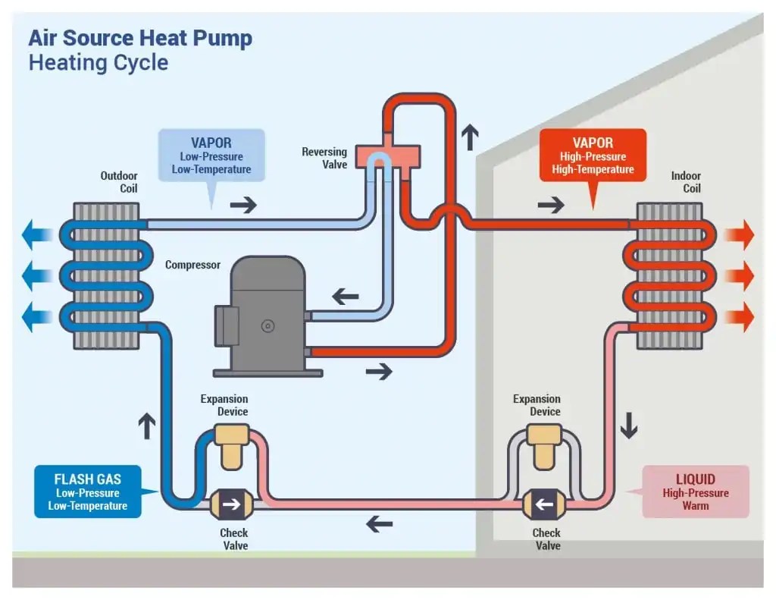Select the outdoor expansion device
(x=232, y=444)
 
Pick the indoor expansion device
(x=543, y=445)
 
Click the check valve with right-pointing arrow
(x=230, y=503)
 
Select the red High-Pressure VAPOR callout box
(x=593, y=155)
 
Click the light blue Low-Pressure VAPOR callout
(x=211, y=155)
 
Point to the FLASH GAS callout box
(x=87, y=492)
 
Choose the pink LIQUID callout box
(x=695, y=492)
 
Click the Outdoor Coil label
(x=120, y=182)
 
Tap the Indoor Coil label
(x=686, y=182)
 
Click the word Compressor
(x=192, y=265)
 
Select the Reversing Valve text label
(x=324, y=159)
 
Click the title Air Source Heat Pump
(x=140, y=38)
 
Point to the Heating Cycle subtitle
(x=99, y=62)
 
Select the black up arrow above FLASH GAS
(x=146, y=427)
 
